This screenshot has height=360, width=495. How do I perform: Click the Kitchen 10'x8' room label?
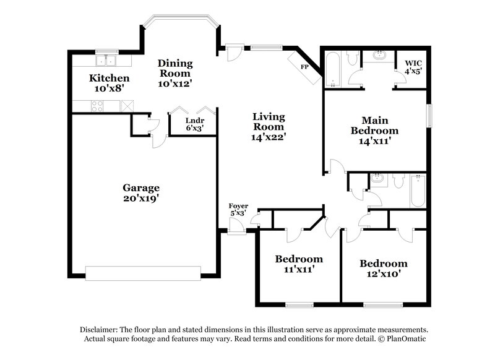point(109,83)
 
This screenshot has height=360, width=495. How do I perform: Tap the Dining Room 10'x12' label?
point(175,73)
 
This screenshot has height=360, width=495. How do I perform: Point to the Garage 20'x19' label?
point(140,193)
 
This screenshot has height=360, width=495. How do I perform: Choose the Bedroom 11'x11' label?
point(299,264)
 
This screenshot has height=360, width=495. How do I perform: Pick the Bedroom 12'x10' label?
point(384,268)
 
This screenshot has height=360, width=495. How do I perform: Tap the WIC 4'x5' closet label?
point(413,67)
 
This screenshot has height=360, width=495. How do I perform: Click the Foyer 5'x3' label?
point(238,210)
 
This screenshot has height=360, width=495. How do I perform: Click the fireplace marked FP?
point(304,67)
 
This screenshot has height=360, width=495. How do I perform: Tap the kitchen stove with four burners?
point(98,106)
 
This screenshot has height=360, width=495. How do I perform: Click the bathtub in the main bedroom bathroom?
point(332,69)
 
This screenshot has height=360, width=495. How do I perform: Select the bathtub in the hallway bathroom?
point(418,191)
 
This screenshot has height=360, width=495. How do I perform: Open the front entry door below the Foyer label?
point(236,231)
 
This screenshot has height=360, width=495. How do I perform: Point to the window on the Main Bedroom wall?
point(429,116)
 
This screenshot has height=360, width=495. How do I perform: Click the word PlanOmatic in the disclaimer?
point(407,340)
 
